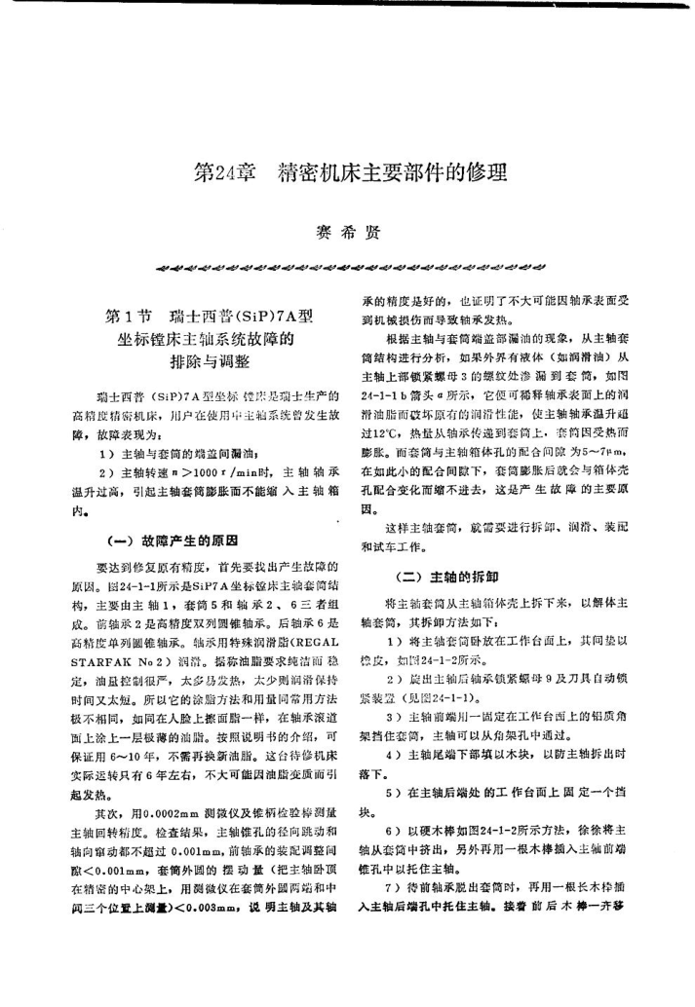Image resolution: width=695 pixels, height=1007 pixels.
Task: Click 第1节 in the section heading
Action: [x=125, y=318]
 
